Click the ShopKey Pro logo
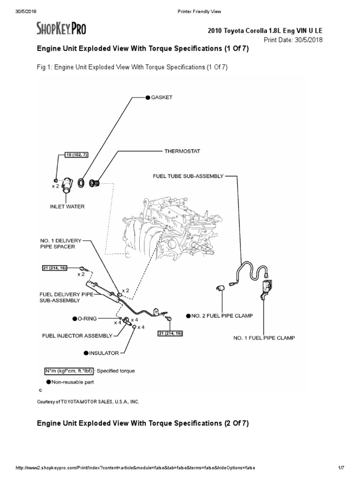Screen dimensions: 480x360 click(61, 29)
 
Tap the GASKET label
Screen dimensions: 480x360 click(161, 97)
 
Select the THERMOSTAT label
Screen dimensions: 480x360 click(182, 151)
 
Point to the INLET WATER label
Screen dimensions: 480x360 click(67, 206)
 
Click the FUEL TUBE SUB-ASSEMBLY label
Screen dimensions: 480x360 click(188, 177)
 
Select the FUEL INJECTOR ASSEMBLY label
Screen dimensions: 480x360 click(77, 336)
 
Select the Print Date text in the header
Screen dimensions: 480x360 click(293, 40)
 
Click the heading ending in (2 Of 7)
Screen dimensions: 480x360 click(142, 423)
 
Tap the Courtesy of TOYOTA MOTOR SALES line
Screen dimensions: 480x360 click(88, 402)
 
